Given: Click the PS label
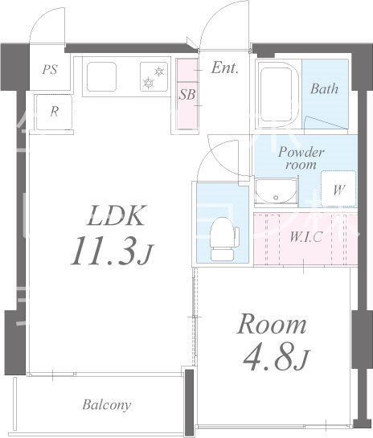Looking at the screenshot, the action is [x=51, y=69].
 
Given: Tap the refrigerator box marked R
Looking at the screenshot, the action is [x=54, y=112].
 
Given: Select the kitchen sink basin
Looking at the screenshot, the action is [x=101, y=76].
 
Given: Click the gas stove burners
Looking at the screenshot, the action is [x=154, y=77].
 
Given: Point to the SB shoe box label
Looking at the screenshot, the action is [x=187, y=94].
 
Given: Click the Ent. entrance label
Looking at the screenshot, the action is [x=224, y=68].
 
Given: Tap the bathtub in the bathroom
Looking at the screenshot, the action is [x=279, y=94].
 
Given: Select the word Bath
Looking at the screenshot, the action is [x=324, y=89].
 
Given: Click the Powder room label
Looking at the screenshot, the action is [x=301, y=158].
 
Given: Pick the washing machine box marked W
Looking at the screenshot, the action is [x=338, y=189].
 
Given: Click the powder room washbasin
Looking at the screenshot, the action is [x=276, y=191].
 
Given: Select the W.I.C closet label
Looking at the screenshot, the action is [x=306, y=238].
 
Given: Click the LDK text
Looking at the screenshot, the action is [x=116, y=215].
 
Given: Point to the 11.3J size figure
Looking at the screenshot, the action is [x=111, y=251].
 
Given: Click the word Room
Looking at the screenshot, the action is [x=271, y=325].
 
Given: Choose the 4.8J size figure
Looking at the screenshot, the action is [x=277, y=357].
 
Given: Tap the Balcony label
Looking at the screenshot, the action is [x=106, y=405].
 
